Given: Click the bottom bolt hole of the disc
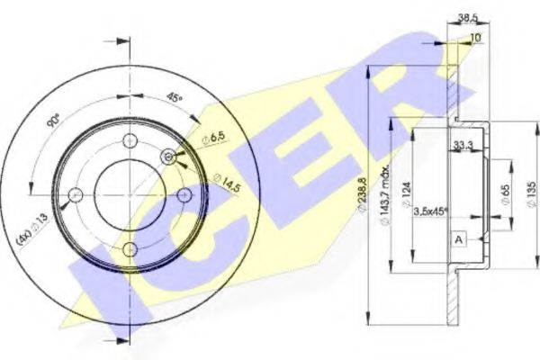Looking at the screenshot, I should click(x=131, y=249).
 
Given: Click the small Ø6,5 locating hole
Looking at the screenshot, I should click(x=168, y=157).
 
